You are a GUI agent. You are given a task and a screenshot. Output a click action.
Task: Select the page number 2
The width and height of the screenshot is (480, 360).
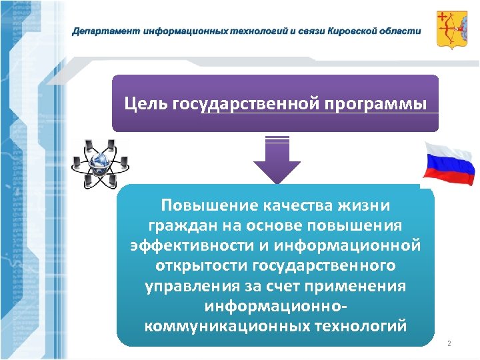(x=449, y=343)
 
